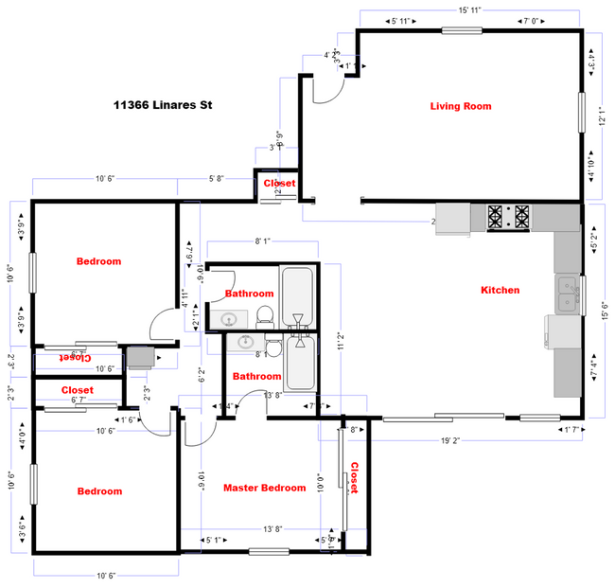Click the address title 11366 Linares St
coord(162,105)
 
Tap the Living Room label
coord(461,106)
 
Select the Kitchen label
coord(500,290)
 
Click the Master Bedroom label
coord(264,488)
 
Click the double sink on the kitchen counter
coord(568,294)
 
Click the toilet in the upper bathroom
coord(265,315)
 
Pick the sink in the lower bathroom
coord(247,342)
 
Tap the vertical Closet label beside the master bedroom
coord(355,478)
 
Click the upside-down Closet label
coord(78,358)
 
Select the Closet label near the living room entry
coord(279,183)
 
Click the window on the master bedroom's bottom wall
coord(269,551)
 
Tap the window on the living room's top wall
coord(461,30)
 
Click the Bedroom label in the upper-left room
coord(98,260)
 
